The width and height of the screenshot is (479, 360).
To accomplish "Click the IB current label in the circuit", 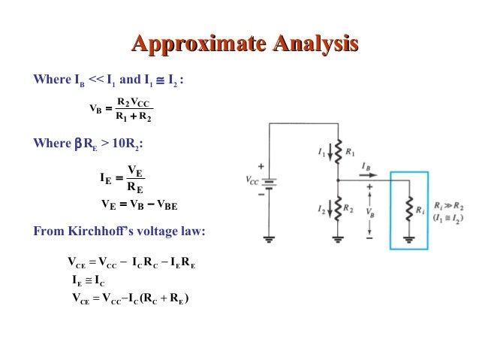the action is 366,165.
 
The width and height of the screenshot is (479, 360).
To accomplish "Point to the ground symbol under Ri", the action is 410,239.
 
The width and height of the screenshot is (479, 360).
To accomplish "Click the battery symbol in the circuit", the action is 269,182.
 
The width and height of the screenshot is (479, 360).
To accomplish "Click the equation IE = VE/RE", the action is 121,179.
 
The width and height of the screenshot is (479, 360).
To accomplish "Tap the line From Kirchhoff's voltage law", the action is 119,231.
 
